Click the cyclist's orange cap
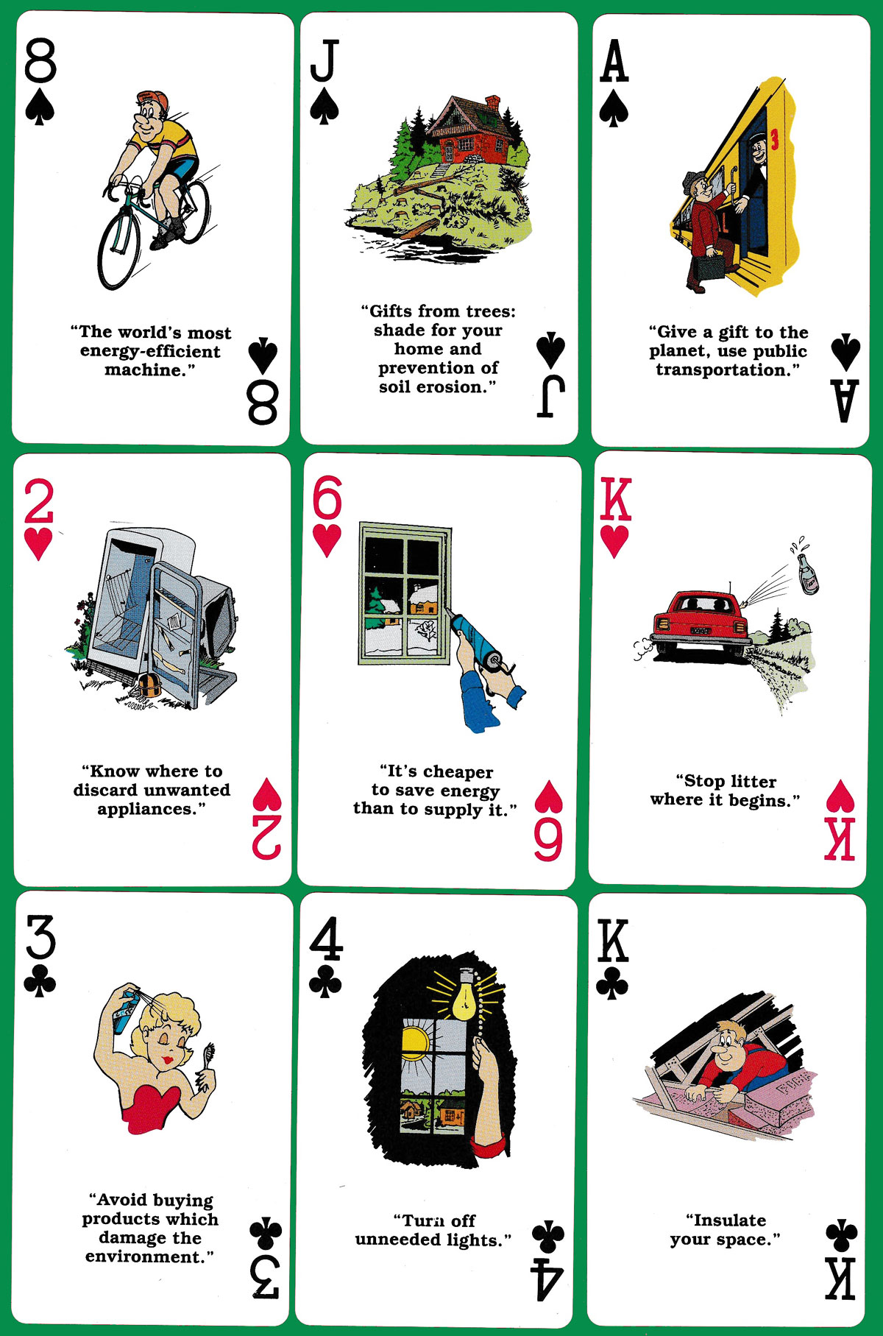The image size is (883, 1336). point(152,99)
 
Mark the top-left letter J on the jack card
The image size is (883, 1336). point(325,60)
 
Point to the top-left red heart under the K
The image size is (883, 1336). point(615,542)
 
